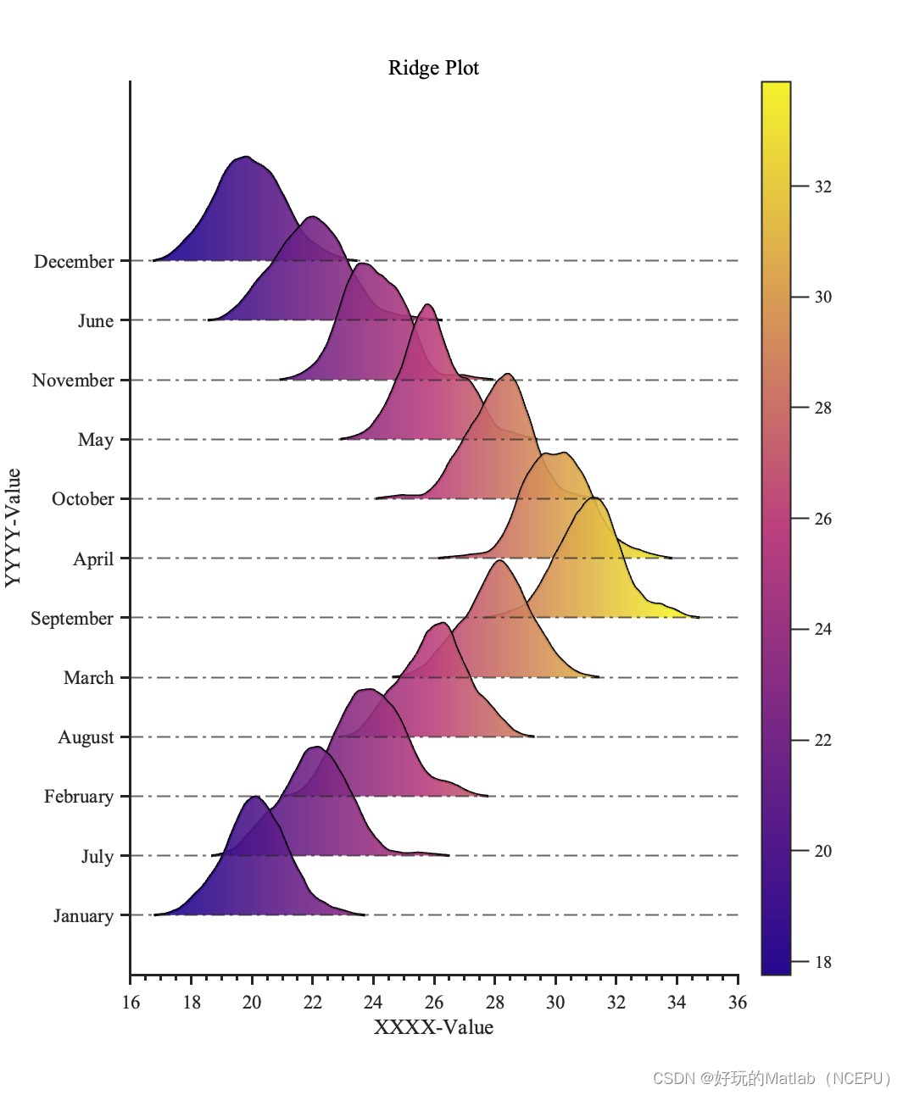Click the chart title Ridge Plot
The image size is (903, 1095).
pos(433,68)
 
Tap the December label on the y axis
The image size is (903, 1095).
pos(74,262)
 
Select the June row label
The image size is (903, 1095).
pos(96,321)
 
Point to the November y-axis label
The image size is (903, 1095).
pos(73,381)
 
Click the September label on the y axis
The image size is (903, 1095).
pos(72,619)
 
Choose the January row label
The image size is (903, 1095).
pos(83,916)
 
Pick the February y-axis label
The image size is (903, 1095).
pos(79,797)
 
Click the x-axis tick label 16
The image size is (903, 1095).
pos(131,1003)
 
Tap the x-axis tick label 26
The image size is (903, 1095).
pos(434,1003)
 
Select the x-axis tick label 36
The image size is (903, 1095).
pos(738,1003)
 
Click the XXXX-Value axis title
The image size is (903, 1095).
pos(433,1028)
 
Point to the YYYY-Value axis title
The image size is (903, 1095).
pos(13,527)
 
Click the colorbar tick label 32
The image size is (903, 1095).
pos(823,187)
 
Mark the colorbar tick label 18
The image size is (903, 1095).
pos(823,963)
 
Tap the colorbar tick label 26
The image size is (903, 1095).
pos(823,520)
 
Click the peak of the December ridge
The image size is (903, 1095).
pos(246,157)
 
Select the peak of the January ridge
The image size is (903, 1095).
pos(254,797)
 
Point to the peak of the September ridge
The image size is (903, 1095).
pos(594,498)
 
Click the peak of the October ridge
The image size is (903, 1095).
pos(507,374)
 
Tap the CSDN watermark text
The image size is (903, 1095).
pos(772,1078)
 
